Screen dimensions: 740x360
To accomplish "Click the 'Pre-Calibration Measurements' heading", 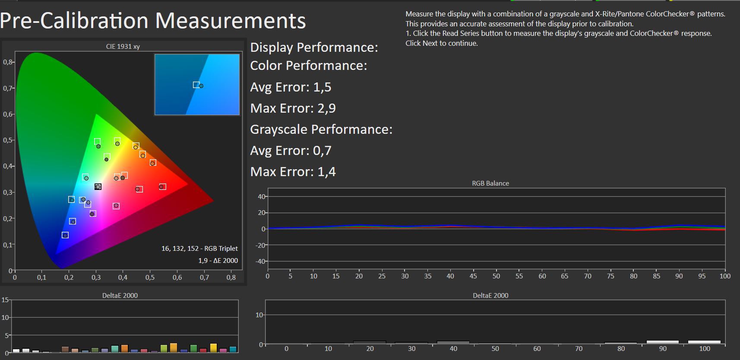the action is coord(153,21).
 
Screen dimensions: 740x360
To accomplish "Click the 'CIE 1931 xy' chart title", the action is coord(123,47).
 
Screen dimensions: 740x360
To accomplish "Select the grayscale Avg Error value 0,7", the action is coord(322,151).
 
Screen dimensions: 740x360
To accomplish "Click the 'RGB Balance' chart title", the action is coord(490,183).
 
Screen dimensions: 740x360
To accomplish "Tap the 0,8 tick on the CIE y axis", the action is coord(8,62).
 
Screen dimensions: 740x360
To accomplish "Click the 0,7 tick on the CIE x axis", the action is coord(204,278).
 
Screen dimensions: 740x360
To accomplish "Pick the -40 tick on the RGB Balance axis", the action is coord(261,261).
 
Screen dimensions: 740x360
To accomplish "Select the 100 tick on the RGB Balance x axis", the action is coord(725,276).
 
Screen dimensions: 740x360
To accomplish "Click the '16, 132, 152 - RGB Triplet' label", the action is coord(199,248).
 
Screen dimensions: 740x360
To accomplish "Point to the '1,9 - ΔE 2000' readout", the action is coord(218,261).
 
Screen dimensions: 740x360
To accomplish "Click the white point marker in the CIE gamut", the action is coord(98,187).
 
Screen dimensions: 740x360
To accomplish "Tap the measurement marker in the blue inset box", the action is coord(201,86).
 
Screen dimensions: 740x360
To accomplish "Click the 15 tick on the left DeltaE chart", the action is coord(5,300).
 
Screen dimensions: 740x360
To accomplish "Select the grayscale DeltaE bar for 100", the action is coord(704,342).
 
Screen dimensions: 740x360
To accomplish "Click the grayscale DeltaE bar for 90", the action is coord(662,342).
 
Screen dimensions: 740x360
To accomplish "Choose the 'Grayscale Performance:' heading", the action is coord(321,129).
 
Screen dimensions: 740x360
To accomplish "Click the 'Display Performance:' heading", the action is coord(314,47).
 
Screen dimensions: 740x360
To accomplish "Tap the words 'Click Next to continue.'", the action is coord(442,43).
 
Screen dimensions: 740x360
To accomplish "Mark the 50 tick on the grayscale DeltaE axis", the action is coord(495,348).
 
